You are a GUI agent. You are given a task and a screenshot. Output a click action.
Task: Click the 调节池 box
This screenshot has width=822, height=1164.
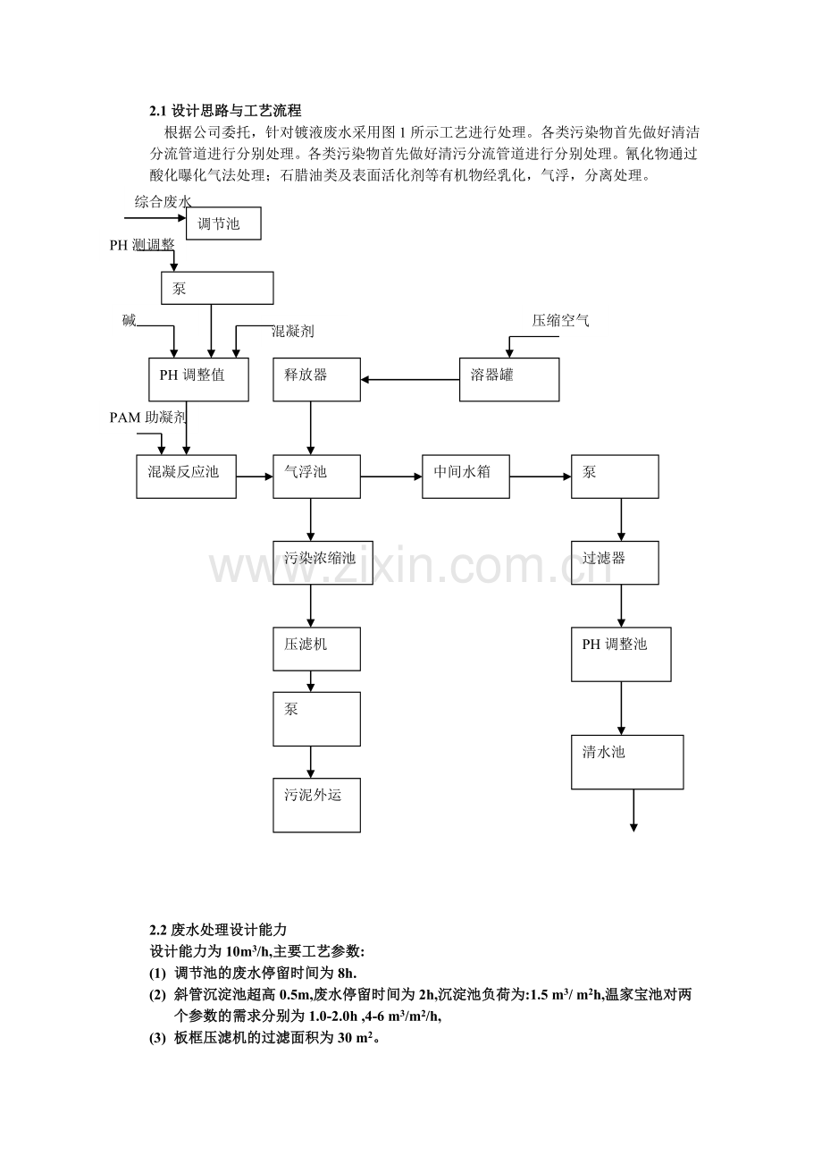[223, 224]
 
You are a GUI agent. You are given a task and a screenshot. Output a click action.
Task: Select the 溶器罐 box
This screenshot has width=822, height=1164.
[509, 379]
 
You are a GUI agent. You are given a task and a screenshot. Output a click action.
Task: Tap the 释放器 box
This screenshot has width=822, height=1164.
[316, 379]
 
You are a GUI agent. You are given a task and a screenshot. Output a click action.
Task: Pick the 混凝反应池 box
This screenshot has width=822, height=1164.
[186, 477]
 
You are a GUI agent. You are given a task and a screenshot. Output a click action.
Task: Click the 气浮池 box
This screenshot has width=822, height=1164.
[316, 477]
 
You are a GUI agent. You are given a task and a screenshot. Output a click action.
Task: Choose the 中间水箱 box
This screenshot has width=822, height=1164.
[466, 477]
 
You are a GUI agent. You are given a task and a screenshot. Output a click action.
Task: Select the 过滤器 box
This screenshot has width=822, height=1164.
[615, 563]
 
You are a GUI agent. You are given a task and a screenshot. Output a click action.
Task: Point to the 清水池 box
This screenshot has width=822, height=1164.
[627, 762]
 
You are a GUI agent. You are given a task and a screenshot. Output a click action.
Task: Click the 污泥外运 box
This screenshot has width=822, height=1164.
[316, 805]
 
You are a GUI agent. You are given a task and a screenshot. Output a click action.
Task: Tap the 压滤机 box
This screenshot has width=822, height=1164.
[316, 648]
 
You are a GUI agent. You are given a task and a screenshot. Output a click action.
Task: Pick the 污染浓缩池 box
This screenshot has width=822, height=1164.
[316, 563]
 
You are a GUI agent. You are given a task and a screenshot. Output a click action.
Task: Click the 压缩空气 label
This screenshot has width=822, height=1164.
[560, 321]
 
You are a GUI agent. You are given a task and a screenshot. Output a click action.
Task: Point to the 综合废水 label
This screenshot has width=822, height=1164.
[164, 202]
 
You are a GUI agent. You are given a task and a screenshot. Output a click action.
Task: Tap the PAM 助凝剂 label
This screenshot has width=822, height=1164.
[148, 417]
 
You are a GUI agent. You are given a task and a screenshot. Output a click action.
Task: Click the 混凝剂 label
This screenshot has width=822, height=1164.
[292, 332]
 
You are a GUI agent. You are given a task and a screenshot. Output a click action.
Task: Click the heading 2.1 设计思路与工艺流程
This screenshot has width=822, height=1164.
[225, 111]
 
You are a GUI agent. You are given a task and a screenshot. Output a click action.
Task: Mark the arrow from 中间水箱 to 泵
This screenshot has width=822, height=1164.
[540, 477]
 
